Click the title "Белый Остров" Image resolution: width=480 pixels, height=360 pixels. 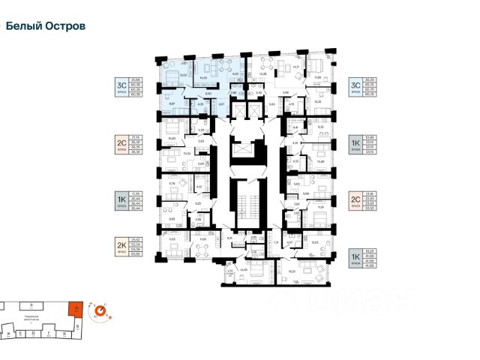coord(46,25)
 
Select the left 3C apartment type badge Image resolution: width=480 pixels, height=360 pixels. coord(121,86)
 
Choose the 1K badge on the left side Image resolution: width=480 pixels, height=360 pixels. coord(121,199)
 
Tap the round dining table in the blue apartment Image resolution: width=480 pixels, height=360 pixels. coord(222,65)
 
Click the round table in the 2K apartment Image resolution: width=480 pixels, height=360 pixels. coord(203,247)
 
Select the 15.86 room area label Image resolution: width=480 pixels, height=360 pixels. coord(320,160)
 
